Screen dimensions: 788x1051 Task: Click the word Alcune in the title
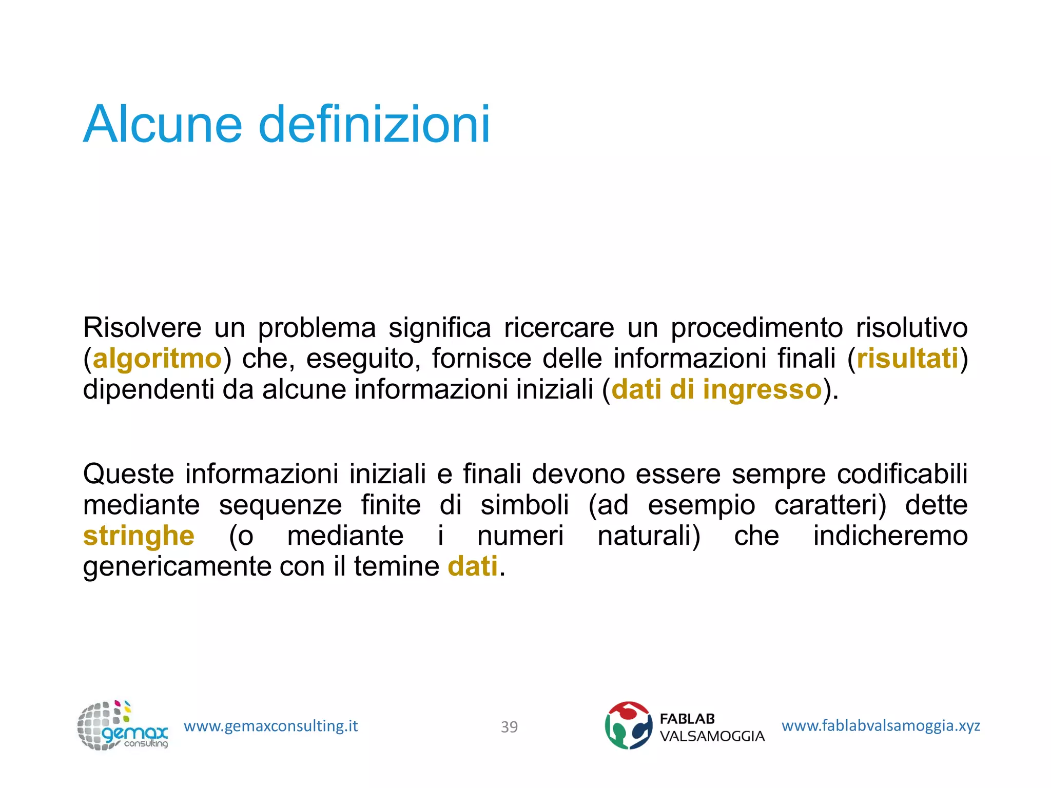point(162,124)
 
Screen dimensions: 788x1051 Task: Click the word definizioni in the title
point(374,124)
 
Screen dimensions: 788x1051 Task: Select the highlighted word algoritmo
point(157,358)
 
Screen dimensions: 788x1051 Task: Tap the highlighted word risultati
point(907,358)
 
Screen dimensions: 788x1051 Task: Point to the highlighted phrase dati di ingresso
point(716,389)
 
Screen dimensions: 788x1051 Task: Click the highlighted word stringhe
point(139,536)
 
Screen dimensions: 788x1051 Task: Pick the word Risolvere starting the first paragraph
point(142,327)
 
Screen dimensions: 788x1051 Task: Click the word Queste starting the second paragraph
point(128,474)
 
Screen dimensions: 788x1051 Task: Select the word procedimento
point(756,328)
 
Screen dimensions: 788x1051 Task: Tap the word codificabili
point(902,474)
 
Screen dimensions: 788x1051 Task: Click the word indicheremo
point(890,536)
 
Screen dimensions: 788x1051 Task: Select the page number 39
point(509,727)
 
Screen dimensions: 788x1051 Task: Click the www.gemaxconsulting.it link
point(270,726)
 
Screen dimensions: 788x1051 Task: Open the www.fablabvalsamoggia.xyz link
point(881,725)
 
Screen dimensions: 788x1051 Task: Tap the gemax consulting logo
point(123,725)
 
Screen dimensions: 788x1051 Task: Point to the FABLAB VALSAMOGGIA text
point(712,727)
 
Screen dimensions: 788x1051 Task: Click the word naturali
point(648,536)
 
